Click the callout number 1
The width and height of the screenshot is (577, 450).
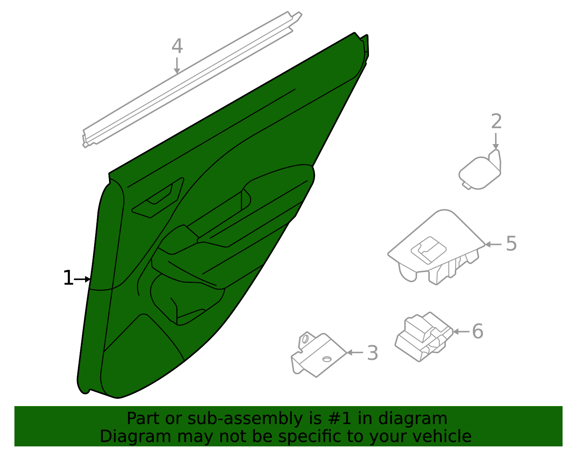[68, 278]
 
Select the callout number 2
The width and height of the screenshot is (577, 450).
[496, 121]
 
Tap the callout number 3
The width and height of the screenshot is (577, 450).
[373, 353]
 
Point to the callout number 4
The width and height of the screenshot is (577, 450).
[177, 46]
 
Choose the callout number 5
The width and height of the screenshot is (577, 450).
[511, 244]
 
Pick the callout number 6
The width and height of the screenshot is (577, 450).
[478, 331]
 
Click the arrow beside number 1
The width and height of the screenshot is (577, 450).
[82, 279]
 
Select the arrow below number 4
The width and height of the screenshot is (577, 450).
[177, 66]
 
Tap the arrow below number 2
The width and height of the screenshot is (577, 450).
[496, 141]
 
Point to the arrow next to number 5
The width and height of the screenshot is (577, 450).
[493, 245]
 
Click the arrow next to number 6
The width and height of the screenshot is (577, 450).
[461, 332]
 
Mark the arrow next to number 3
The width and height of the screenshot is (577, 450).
[355, 353]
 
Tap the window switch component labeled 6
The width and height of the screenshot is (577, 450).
[424, 337]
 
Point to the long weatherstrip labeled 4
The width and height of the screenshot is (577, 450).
[192, 80]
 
